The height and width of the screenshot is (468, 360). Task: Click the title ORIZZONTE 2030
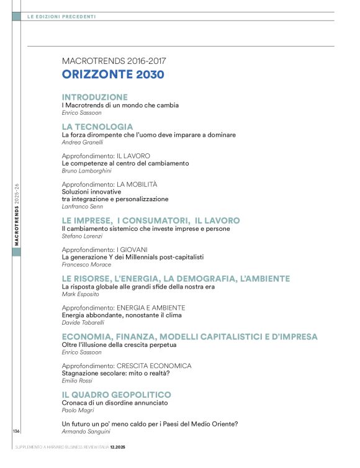point(113,75)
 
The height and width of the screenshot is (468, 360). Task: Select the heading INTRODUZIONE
point(95,97)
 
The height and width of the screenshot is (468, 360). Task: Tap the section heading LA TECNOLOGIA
point(97,126)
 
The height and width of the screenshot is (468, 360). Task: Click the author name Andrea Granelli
point(83,142)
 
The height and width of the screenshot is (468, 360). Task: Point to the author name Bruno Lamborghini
point(88,171)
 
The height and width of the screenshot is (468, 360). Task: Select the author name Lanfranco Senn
point(83,207)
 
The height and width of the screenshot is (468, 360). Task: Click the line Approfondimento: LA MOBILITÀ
point(109,184)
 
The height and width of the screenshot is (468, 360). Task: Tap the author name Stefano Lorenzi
point(83,236)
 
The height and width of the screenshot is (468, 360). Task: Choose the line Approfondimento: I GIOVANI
point(104,250)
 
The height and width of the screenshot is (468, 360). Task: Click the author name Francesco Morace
point(86,264)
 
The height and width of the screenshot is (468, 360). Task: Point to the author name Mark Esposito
point(81,294)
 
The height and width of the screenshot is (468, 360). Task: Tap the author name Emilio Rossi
point(78,380)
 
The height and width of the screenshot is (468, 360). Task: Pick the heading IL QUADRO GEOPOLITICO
point(116,395)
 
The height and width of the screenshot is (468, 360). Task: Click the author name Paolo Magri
point(77,410)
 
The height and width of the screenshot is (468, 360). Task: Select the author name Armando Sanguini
point(86,431)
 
